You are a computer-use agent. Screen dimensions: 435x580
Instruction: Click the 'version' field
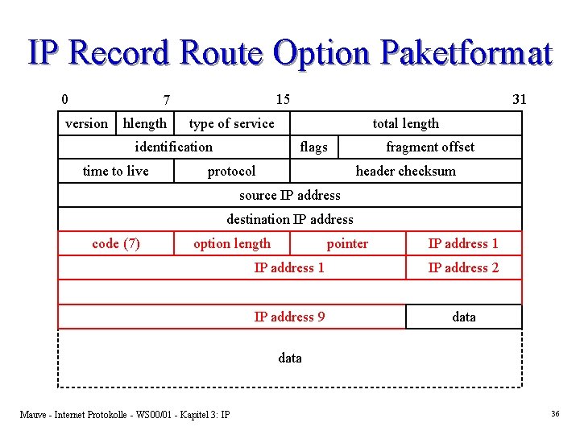(x=86, y=123)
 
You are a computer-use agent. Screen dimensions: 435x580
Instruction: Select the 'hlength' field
(x=145, y=123)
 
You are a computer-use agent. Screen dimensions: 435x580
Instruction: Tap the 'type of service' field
(x=231, y=123)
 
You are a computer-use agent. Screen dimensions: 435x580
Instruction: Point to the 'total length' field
(x=406, y=123)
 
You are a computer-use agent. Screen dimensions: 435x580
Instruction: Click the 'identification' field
(x=174, y=147)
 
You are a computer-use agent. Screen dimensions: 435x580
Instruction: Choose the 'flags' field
(x=313, y=147)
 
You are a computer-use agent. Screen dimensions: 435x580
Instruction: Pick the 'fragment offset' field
(x=430, y=147)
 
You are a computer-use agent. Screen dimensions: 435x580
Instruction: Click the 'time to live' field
(x=116, y=171)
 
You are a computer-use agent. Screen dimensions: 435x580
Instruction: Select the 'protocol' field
(x=231, y=171)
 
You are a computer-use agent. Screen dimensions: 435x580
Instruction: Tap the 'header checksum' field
(x=406, y=171)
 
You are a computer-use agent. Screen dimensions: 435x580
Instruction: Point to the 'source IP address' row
(x=290, y=195)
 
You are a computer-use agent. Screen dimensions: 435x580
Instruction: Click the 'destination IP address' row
(x=290, y=219)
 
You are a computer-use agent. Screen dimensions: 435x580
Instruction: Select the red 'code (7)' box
(x=116, y=243)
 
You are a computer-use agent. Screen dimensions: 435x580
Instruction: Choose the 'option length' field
(x=232, y=243)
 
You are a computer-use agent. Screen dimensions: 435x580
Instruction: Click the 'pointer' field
(x=347, y=243)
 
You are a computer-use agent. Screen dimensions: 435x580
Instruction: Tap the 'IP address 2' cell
(x=463, y=267)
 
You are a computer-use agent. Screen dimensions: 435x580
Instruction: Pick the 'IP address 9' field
(x=289, y=317)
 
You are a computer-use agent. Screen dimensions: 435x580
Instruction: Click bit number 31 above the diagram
(x=520, y=99)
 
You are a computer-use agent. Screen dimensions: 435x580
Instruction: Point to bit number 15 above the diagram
(x=283, y=99)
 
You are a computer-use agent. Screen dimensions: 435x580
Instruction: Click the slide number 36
(x=555, y=413)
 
